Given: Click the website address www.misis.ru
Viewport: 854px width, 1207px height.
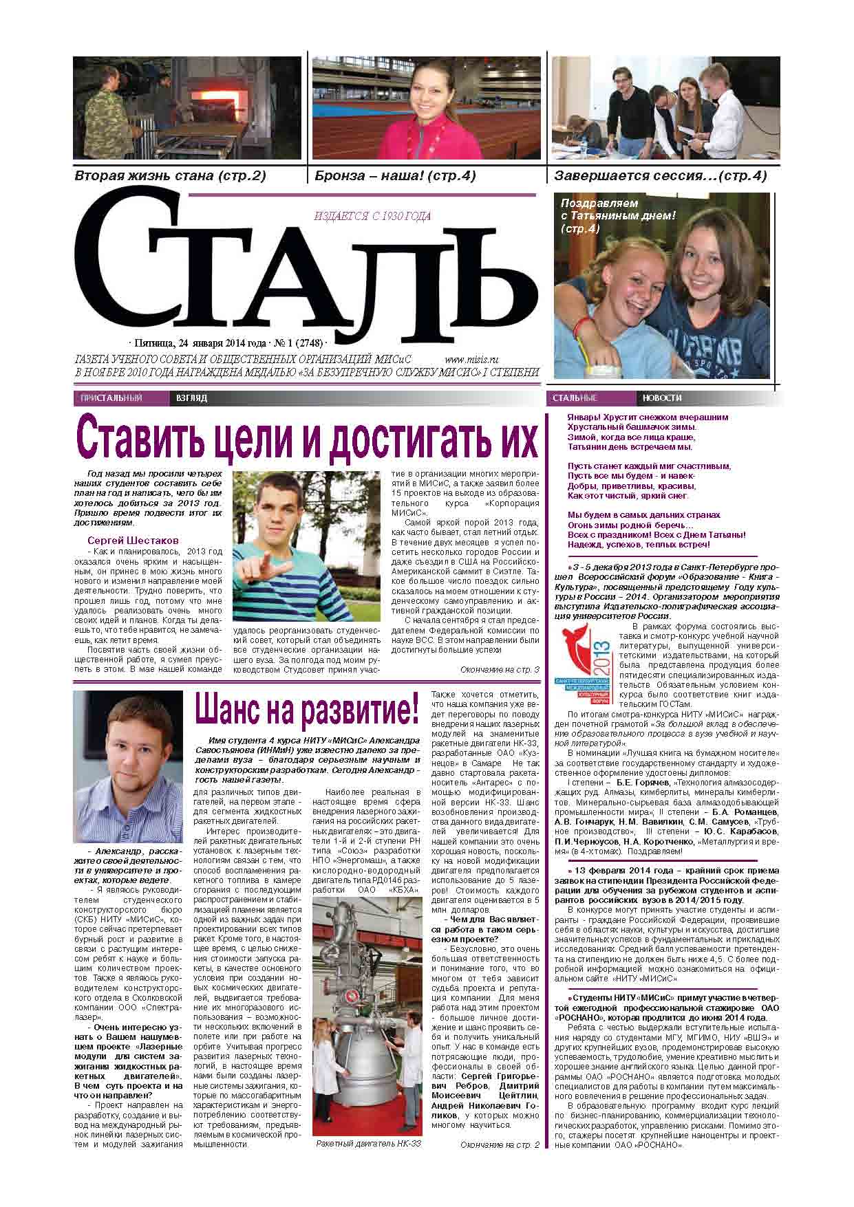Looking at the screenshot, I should point(471,359).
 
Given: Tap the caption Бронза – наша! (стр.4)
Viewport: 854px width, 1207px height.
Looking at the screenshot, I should point(395,176).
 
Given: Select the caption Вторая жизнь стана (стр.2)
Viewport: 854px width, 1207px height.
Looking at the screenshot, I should point(170,176).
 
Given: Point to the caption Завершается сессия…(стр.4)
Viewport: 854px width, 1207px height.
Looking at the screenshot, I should point(660,176).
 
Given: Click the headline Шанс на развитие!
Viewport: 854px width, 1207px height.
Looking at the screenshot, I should point(306,709).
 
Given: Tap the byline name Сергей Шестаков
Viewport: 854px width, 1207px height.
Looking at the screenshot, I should point(133,540).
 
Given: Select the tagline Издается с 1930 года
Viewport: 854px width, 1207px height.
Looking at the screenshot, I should point(372,217).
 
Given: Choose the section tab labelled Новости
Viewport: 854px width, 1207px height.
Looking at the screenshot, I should point(662,398).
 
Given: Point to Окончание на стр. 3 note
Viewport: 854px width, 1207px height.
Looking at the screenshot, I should point(499,670).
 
